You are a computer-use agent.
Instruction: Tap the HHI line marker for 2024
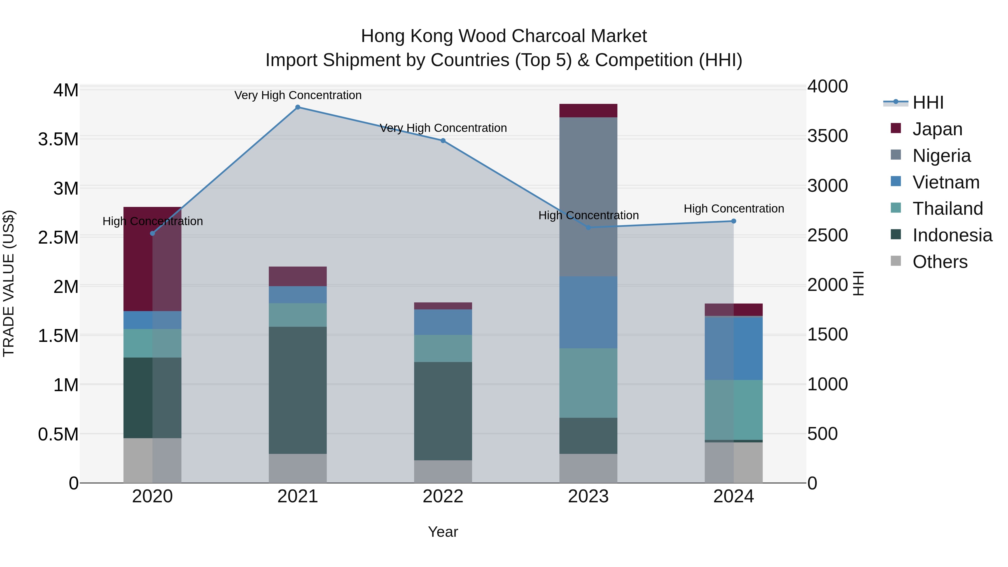pyautogui.click(x=734, y=221)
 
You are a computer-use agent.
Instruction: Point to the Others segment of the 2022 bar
pyautogui.click(x=443, y=472)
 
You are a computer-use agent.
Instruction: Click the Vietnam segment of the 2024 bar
pyautogui.click(x=734, y=348)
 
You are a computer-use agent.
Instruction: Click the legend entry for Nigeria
pyautogui.click(x=941, y=156)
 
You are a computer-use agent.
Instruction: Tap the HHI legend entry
pyautogui.click(x=927, y=102)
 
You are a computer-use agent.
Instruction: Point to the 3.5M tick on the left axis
pyautogui.click(x=58, y=139)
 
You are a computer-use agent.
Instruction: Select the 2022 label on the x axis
pyautogui.click(x=443, y=496)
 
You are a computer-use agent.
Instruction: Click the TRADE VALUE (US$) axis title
pyautogui.click(x=9, y=283)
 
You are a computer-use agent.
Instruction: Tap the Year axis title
pyautogui.click(x=443, y=532)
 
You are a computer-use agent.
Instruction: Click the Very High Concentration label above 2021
pyautogui.click(x=298, y=95)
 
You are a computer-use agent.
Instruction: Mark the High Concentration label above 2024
pyautogui.click(x=734, y=209)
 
